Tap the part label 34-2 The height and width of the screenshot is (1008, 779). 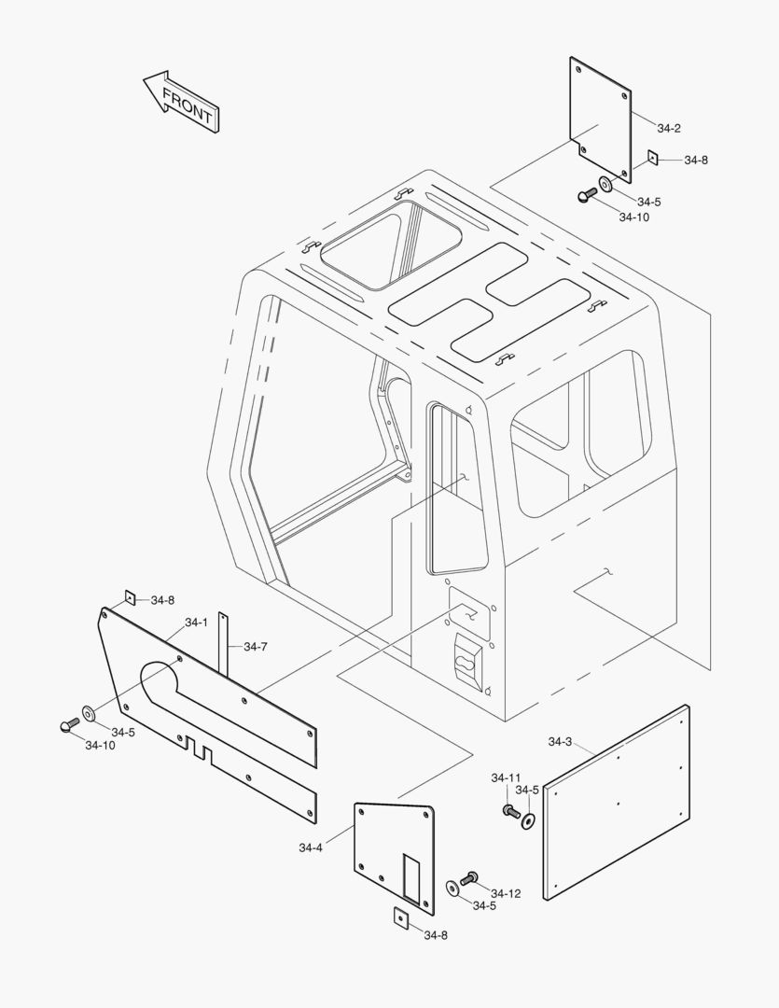point(669,128)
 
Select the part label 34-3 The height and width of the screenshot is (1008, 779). point(560,742)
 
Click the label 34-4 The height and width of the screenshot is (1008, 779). point(311,847)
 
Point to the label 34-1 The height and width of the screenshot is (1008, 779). point(196,623)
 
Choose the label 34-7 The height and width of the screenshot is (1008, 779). point(255,646)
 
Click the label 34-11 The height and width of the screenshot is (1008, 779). point(507,777)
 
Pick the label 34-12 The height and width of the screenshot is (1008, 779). point(506,893)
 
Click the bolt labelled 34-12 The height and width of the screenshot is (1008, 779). point(468,877)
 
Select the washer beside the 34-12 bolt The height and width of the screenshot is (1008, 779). point(452,887)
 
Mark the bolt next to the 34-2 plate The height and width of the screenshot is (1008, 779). point(586,194)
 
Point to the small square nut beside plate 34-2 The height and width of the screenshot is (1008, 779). point(654,158)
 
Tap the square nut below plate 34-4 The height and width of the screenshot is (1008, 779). point(399,917)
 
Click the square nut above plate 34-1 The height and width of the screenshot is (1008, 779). point(131,597)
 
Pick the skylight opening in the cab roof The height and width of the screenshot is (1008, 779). point(390,245)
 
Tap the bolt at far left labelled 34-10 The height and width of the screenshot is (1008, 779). point(68,726)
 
